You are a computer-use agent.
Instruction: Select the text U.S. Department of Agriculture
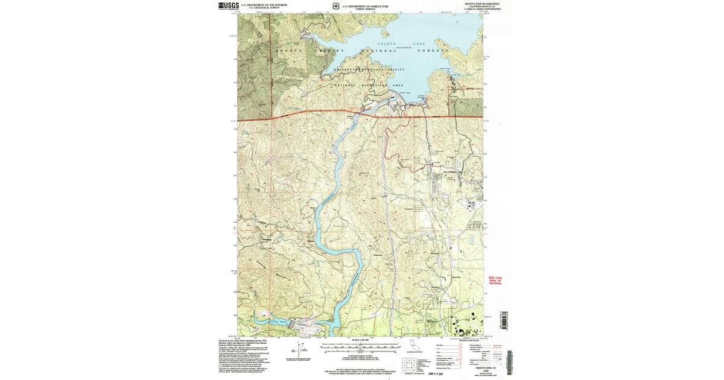365,5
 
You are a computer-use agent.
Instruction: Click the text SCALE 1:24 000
361,340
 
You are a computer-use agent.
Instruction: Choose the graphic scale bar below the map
361,347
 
